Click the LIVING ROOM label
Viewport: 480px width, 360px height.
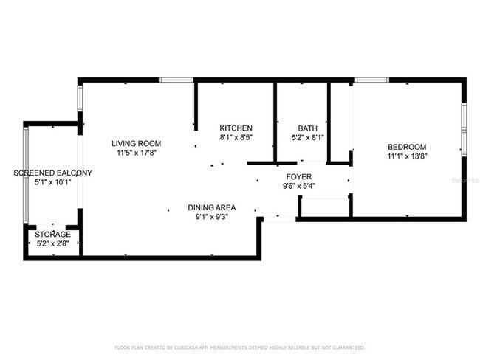(136, 143)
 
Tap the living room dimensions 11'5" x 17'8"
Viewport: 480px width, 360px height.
(136, 153)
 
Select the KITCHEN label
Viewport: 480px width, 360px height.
(236, 128)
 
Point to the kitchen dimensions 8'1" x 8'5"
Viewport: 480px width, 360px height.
(236, 137)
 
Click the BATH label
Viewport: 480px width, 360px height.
(307, 128)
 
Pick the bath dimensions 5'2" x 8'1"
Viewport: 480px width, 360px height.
(307, 137)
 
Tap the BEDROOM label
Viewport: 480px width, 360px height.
(406, 146)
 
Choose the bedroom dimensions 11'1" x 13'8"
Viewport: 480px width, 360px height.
(406, 156)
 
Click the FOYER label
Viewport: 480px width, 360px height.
(299, 176)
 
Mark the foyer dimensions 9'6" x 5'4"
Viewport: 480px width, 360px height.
(299, 186)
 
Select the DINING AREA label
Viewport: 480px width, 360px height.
(210, 207)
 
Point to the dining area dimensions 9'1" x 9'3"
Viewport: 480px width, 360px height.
(210, 217)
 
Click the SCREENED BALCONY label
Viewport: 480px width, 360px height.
(53, 173)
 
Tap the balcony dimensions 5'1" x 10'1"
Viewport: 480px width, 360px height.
(53, 183)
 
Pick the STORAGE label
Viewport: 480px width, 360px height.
(53, 234)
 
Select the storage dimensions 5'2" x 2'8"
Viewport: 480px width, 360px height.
(53, 243)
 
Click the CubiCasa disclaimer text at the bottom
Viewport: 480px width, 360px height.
(239, 347)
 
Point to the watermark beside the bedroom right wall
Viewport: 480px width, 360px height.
(465, 179)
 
